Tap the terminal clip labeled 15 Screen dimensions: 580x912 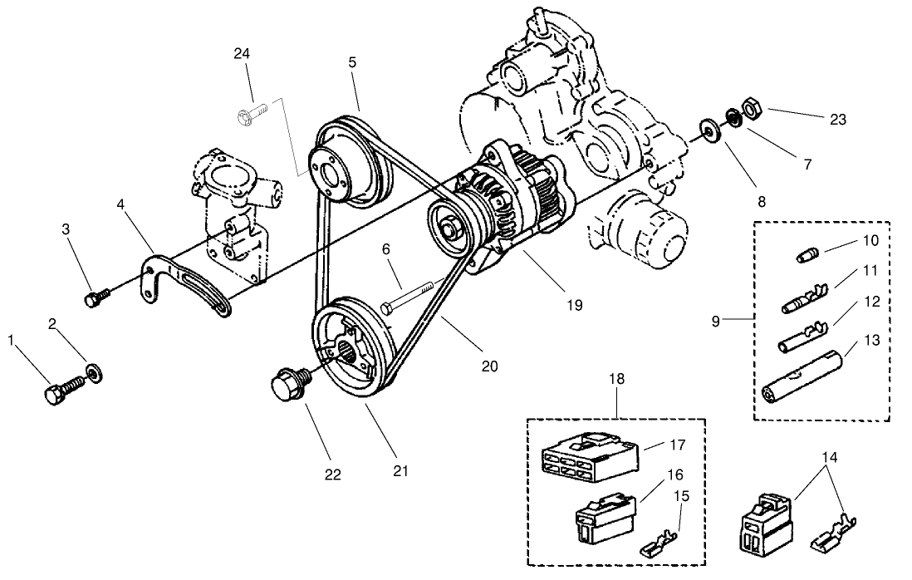pyautogui.click(x=660, y=546)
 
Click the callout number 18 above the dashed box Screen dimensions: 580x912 pyautogui.click(x=617, y=380)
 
